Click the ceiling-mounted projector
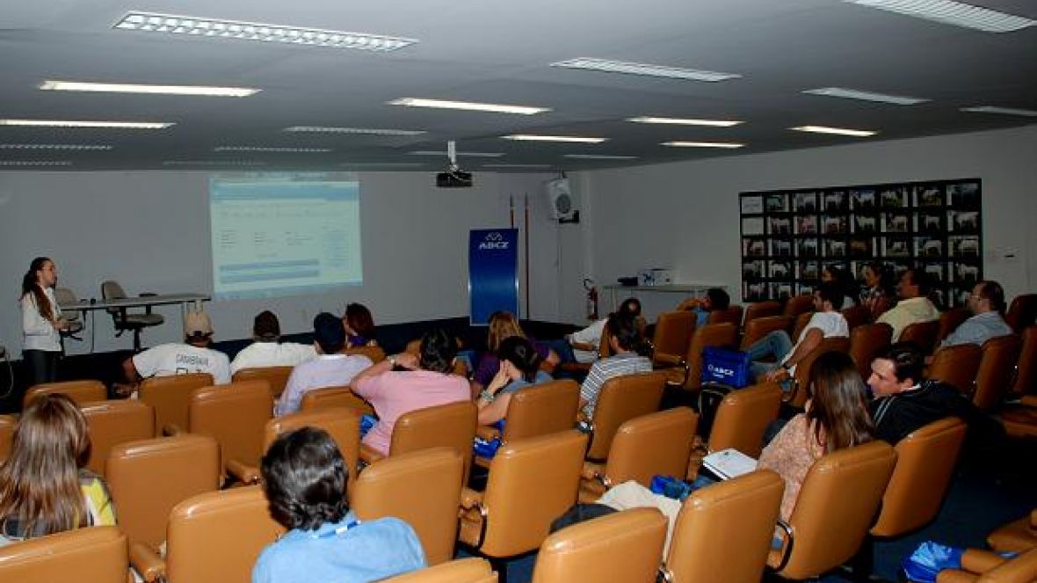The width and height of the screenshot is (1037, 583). pos(453,178)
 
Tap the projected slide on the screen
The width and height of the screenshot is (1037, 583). pos(286,234)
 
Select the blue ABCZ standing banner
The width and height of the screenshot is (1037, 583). pos(493,274)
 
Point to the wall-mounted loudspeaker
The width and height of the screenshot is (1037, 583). pos(560,199)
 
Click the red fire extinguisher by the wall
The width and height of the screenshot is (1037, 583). pos(591,300)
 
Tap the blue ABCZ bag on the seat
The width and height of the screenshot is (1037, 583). pos(725,368)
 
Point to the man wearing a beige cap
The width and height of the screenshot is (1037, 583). pos(187,352)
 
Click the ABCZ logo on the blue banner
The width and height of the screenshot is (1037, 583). pos(493,242)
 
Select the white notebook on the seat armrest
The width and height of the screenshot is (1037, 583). pos(729,463)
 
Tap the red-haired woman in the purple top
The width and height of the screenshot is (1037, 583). pos(359,324)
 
